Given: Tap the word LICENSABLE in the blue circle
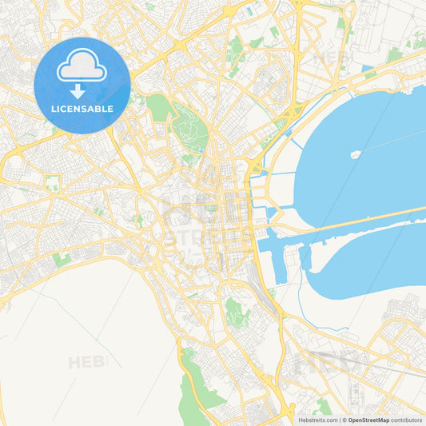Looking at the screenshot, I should tap(82, 109).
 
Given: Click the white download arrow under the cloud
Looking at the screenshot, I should tap(82, 90).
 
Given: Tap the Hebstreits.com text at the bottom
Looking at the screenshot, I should tap(317, 420).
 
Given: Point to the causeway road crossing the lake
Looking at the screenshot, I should tap(360, 223).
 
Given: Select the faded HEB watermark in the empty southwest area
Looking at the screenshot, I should tap(86, 362).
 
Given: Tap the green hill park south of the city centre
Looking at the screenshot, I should tap(235, 311).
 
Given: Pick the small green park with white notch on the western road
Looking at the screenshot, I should tap(53, 183).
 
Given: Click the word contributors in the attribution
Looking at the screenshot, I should tap(407, 420).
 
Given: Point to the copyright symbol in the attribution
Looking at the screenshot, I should tap(344, 420).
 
